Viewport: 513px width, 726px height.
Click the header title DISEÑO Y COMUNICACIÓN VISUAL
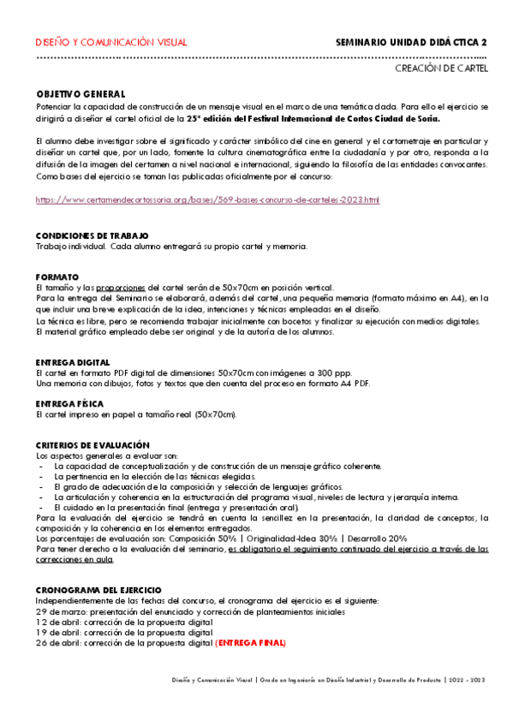pyautogui.click(x=111, y=42)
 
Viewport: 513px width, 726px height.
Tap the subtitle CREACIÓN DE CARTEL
pyautogui.click(x=441, y=68)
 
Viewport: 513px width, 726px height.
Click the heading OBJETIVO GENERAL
pyautogui.click(x=81, y=93)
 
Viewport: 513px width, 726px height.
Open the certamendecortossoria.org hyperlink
pyautogui.click(x=208, y=199)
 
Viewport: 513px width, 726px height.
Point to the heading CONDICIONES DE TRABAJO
pyautogui.click(x=92, y=235)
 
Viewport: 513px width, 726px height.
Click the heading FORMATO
pyautogui.click(x=57, y=277)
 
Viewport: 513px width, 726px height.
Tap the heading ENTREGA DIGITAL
pyautogui.click(x=73, y=363)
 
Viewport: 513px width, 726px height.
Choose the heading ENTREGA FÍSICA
pyautogui.click(x=70, y=404)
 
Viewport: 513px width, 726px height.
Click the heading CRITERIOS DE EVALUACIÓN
pyautogui.click(x=92, y=445)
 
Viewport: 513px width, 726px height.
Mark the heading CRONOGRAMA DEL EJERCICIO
pyautogui.click(x=98, y=591)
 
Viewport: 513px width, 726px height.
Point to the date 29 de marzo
pyautogui.click(x=63, y=612)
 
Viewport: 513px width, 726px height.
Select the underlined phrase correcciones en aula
pyautogui.click(x=75, y=559)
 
